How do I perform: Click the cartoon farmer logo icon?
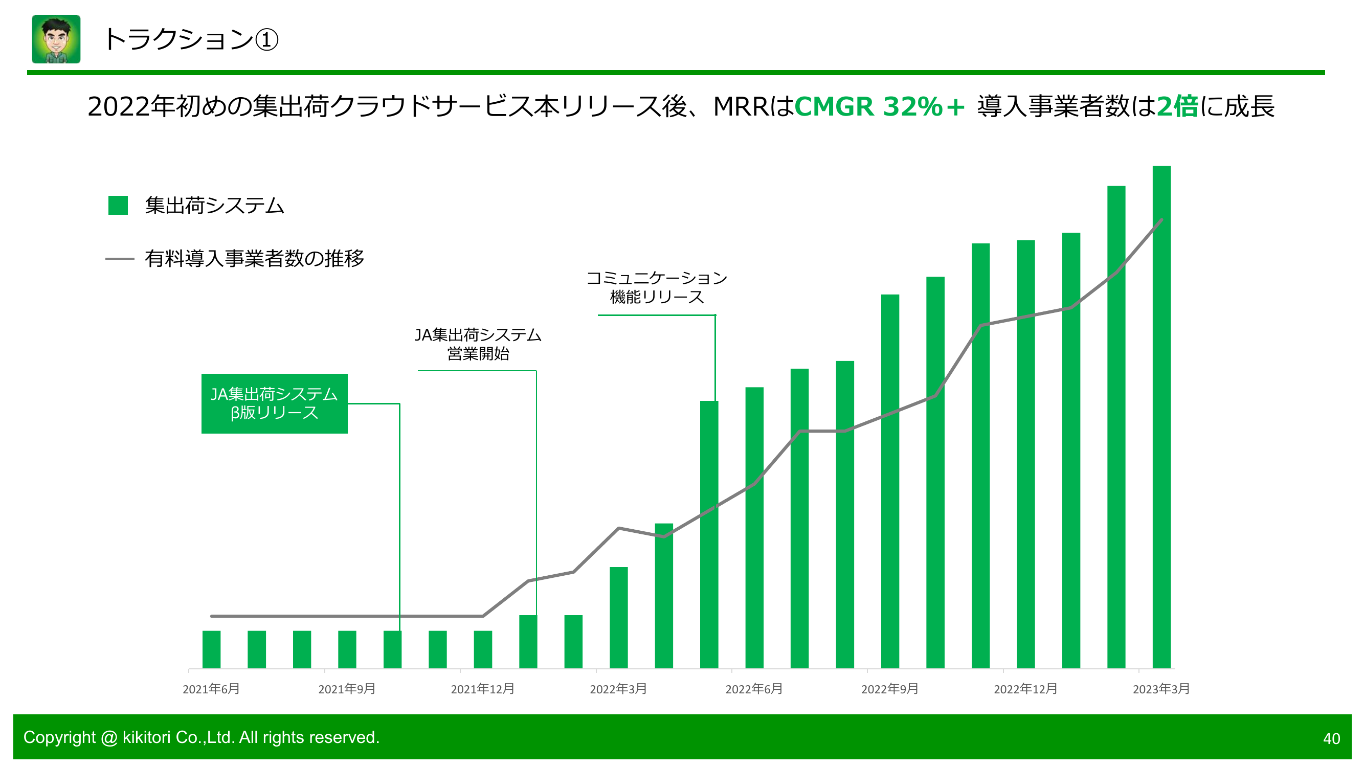click(56, 39)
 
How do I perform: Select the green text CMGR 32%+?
click(879, 106)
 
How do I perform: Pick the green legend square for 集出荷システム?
click(118, 206)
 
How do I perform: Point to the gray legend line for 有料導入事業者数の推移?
click(120, 259)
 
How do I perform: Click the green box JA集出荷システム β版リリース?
click(274, 403)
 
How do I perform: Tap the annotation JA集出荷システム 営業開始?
click(478, 344)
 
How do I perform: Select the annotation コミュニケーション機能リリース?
click(657, 287)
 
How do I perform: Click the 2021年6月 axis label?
click(211, 689)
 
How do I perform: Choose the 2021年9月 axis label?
click(347, 689)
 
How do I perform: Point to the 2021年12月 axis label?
click(482, 689)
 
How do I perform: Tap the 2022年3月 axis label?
click(618, 689)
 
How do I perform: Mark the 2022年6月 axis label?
click(754, 689)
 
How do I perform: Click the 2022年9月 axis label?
click(889, 689)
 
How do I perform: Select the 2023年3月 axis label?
click(1161, 689)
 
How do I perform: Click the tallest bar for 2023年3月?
click(1161, 418)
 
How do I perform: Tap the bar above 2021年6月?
click(211, 649)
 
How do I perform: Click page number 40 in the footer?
click(1331, 738)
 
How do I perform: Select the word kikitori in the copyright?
click(146, 737)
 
